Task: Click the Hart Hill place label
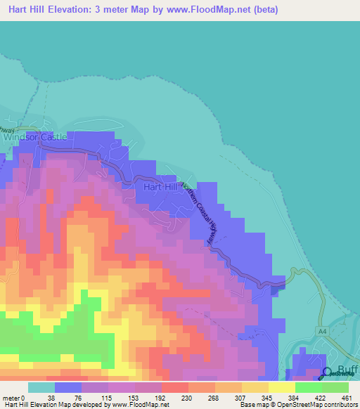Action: (161, 187)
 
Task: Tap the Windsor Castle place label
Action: (35, 137)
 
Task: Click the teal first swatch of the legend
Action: (41, 387)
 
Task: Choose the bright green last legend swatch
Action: (335, 387)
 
